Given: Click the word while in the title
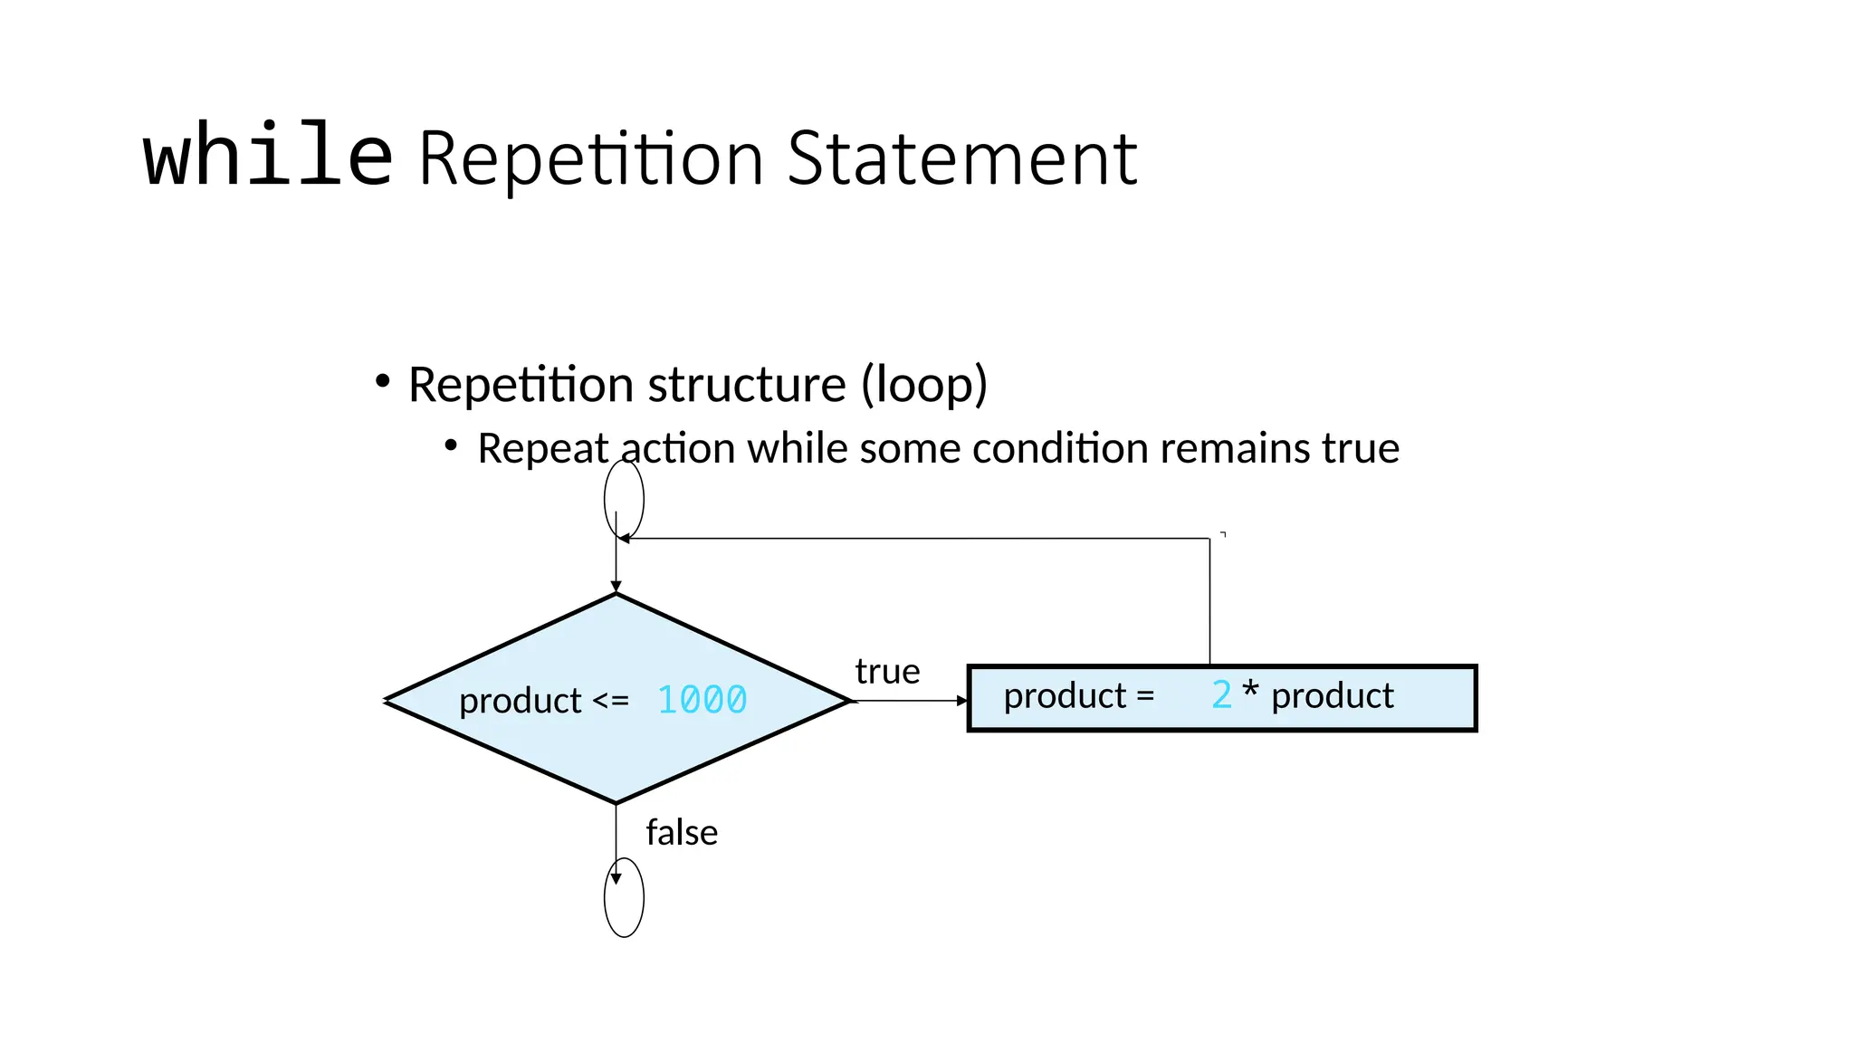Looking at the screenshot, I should click(268, 156).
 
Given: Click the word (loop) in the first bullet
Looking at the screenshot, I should click(923, 386).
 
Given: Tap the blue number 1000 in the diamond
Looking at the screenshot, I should click(702, 700).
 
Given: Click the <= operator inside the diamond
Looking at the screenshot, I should click(610, 701).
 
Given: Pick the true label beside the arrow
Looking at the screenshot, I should click(887, 672).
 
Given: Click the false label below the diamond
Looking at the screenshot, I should click(682, 833).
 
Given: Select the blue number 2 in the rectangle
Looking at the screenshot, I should click(1221, 695).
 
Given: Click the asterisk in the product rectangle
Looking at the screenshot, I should click(1250, 692).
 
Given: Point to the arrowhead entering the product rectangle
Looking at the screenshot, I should click(962, 701).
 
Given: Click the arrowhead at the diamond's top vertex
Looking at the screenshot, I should click(616, 587).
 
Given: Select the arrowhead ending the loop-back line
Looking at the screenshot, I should click(625, 539).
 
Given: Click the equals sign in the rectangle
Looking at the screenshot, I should click(1145, 696).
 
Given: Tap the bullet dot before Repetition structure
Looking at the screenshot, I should click(383, 382).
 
